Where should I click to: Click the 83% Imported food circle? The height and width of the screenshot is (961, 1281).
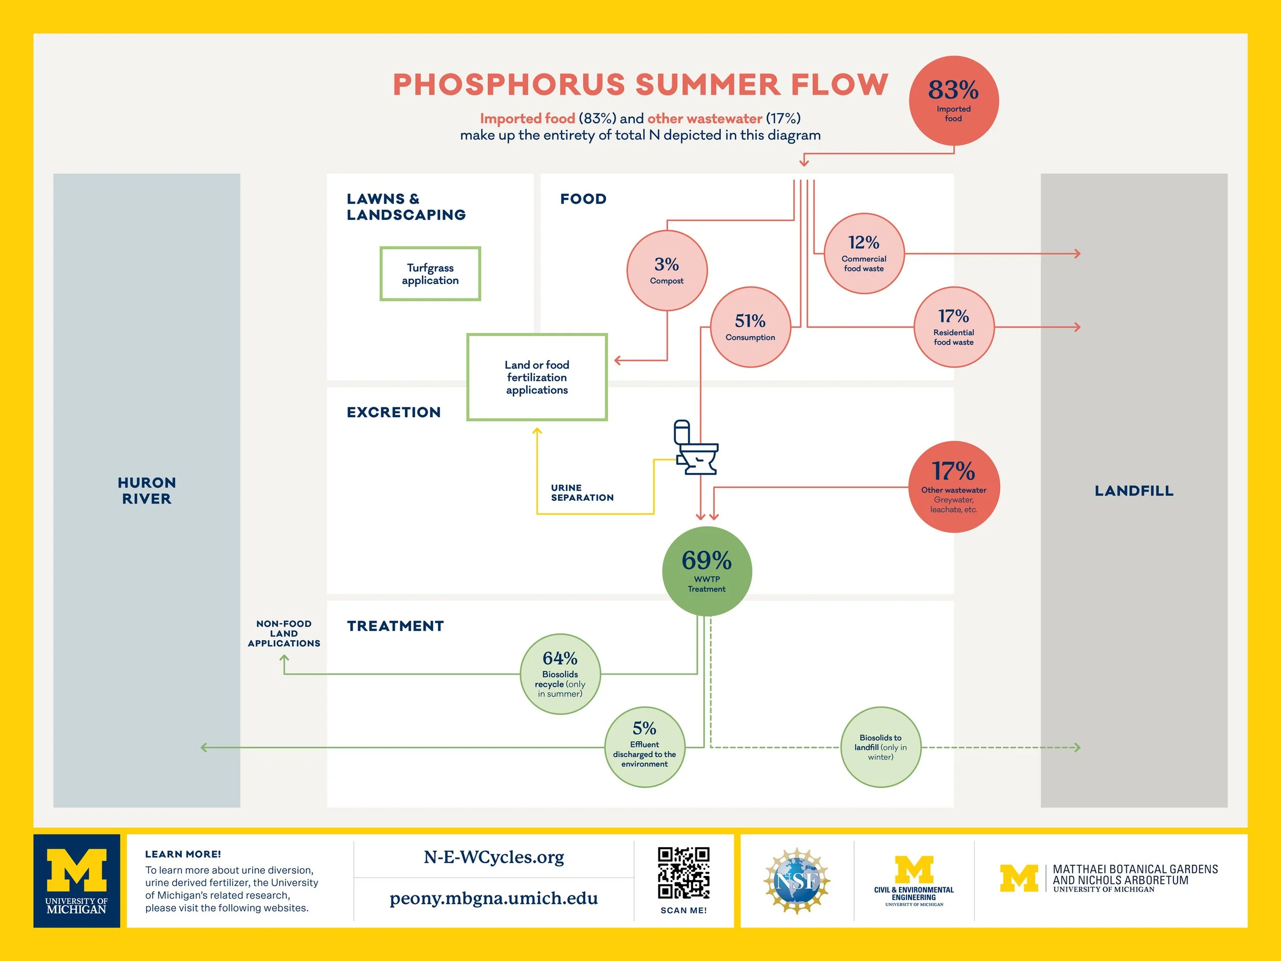click(x=953, y=101)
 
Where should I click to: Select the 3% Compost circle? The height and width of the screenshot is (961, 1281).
click(x=667, y=271)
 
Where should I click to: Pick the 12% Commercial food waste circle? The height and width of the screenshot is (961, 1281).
click(x=863, y=254)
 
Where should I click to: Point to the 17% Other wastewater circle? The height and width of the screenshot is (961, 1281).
click(x=953, y=486)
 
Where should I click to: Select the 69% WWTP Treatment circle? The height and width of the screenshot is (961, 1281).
click(x=707, y=571)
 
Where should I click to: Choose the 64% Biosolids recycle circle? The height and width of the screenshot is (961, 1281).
click(x=560, y=673)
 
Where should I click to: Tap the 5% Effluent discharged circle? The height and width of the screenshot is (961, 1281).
click(x=644, y=747)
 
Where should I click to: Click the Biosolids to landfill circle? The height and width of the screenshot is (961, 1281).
click(x=880, y=747)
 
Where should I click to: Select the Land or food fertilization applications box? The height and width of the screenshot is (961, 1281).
click(x=537, y=377)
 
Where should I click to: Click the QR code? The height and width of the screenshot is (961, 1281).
click(x=684, y=873)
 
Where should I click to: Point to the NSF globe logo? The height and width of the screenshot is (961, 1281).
click(x=797, y=881)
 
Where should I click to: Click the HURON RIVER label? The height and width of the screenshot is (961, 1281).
click(x=147, y=490)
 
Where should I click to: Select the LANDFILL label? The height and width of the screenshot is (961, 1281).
click(x=1134, y=490)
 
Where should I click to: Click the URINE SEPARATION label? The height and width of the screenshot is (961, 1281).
click(x=582, y=493)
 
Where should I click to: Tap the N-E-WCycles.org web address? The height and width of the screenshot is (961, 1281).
click(x=493, y=857)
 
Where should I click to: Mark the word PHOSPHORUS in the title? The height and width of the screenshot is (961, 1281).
click(x=509, y=85)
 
